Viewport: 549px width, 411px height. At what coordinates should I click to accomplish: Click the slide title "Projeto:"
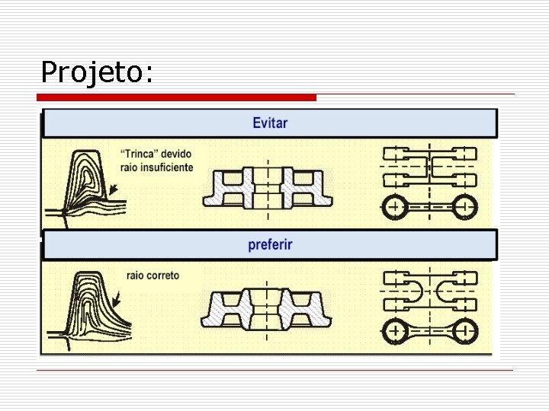(97, 73)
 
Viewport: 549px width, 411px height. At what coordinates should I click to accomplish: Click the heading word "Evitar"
(270, 123)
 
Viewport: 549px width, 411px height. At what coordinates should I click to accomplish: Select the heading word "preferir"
(270, 244)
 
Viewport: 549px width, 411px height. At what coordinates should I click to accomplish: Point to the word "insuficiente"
(168, 167)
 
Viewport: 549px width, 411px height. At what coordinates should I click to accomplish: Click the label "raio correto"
(152, 275)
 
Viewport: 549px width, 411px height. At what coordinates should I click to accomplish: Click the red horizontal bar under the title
(176, 97)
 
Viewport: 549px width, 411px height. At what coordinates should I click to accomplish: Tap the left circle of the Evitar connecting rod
(396, 206)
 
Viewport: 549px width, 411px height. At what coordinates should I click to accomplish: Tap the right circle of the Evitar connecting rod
(462, 206)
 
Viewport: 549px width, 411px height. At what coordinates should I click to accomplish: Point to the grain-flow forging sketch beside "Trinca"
(84, 183)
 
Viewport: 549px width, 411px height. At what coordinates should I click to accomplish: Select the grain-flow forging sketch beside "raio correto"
(84, 304)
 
